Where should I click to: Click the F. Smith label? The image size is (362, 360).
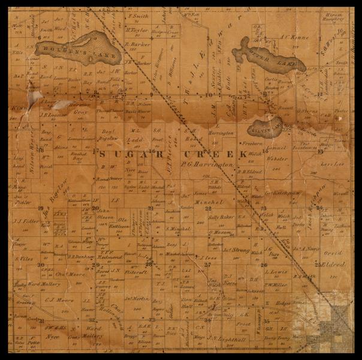coord(138,16)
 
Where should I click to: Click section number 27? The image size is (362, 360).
coord(207,264)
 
